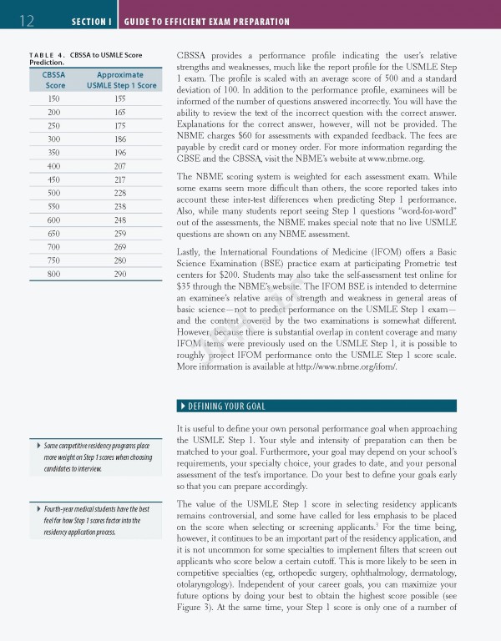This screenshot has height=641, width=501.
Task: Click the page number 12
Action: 26,20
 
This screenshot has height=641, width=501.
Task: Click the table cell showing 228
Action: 120,192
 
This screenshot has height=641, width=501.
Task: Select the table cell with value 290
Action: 120,274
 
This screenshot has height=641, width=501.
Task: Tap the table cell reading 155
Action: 120,98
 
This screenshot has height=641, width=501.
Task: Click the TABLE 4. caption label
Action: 47,55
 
